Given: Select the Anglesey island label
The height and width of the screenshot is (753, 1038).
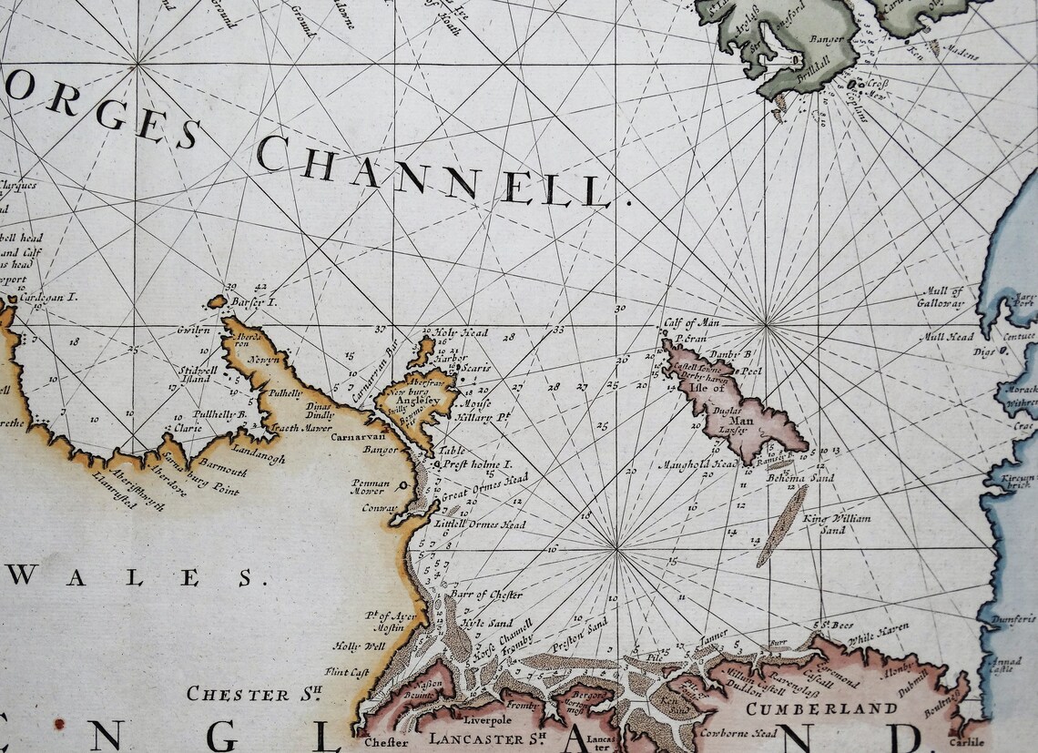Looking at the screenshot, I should tap(417, 399).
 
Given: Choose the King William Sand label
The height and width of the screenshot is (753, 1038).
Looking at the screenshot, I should tap(837, 524).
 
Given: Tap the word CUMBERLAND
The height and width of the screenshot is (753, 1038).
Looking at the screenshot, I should tap(821, 707).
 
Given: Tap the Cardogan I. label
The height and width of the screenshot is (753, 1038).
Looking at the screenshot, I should tap(50, 297).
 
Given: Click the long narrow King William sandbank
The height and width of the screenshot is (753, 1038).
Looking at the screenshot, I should tap(781, 525).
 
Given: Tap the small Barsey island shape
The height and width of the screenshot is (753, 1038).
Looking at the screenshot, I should tap(217, 301).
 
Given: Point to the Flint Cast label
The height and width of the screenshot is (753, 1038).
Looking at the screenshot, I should tap(346, 672).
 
